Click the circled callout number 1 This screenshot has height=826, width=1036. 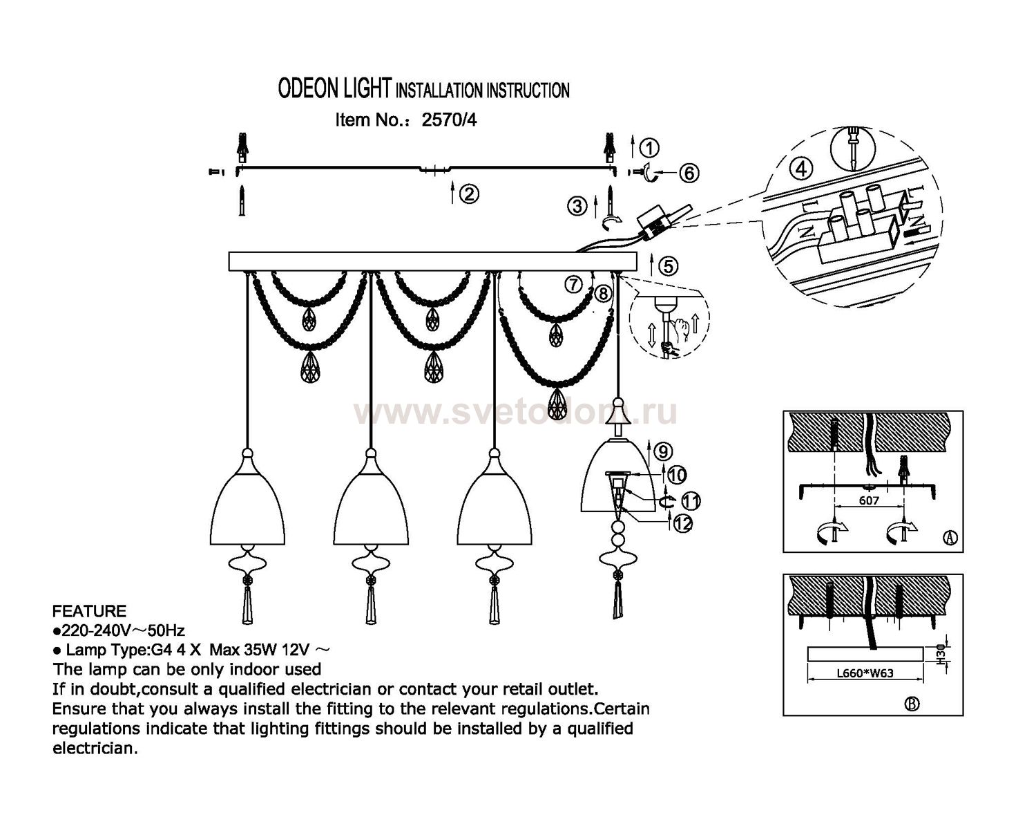coord(649,147)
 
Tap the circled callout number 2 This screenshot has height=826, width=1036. coord(469,195)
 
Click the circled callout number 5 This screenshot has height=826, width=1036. coord(668,266)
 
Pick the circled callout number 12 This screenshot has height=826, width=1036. coord(683,524)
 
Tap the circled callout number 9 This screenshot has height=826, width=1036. coord(662,452)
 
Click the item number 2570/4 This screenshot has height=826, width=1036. coord(449,120)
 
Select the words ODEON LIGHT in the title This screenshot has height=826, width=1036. coord(334,89)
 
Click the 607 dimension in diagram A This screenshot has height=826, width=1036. coord(869,500)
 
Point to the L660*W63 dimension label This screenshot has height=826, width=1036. coord(865,673)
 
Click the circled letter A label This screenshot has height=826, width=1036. coord(950,538)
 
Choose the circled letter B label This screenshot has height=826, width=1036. coord(912,704)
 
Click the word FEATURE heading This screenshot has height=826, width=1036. coord(90,611)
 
